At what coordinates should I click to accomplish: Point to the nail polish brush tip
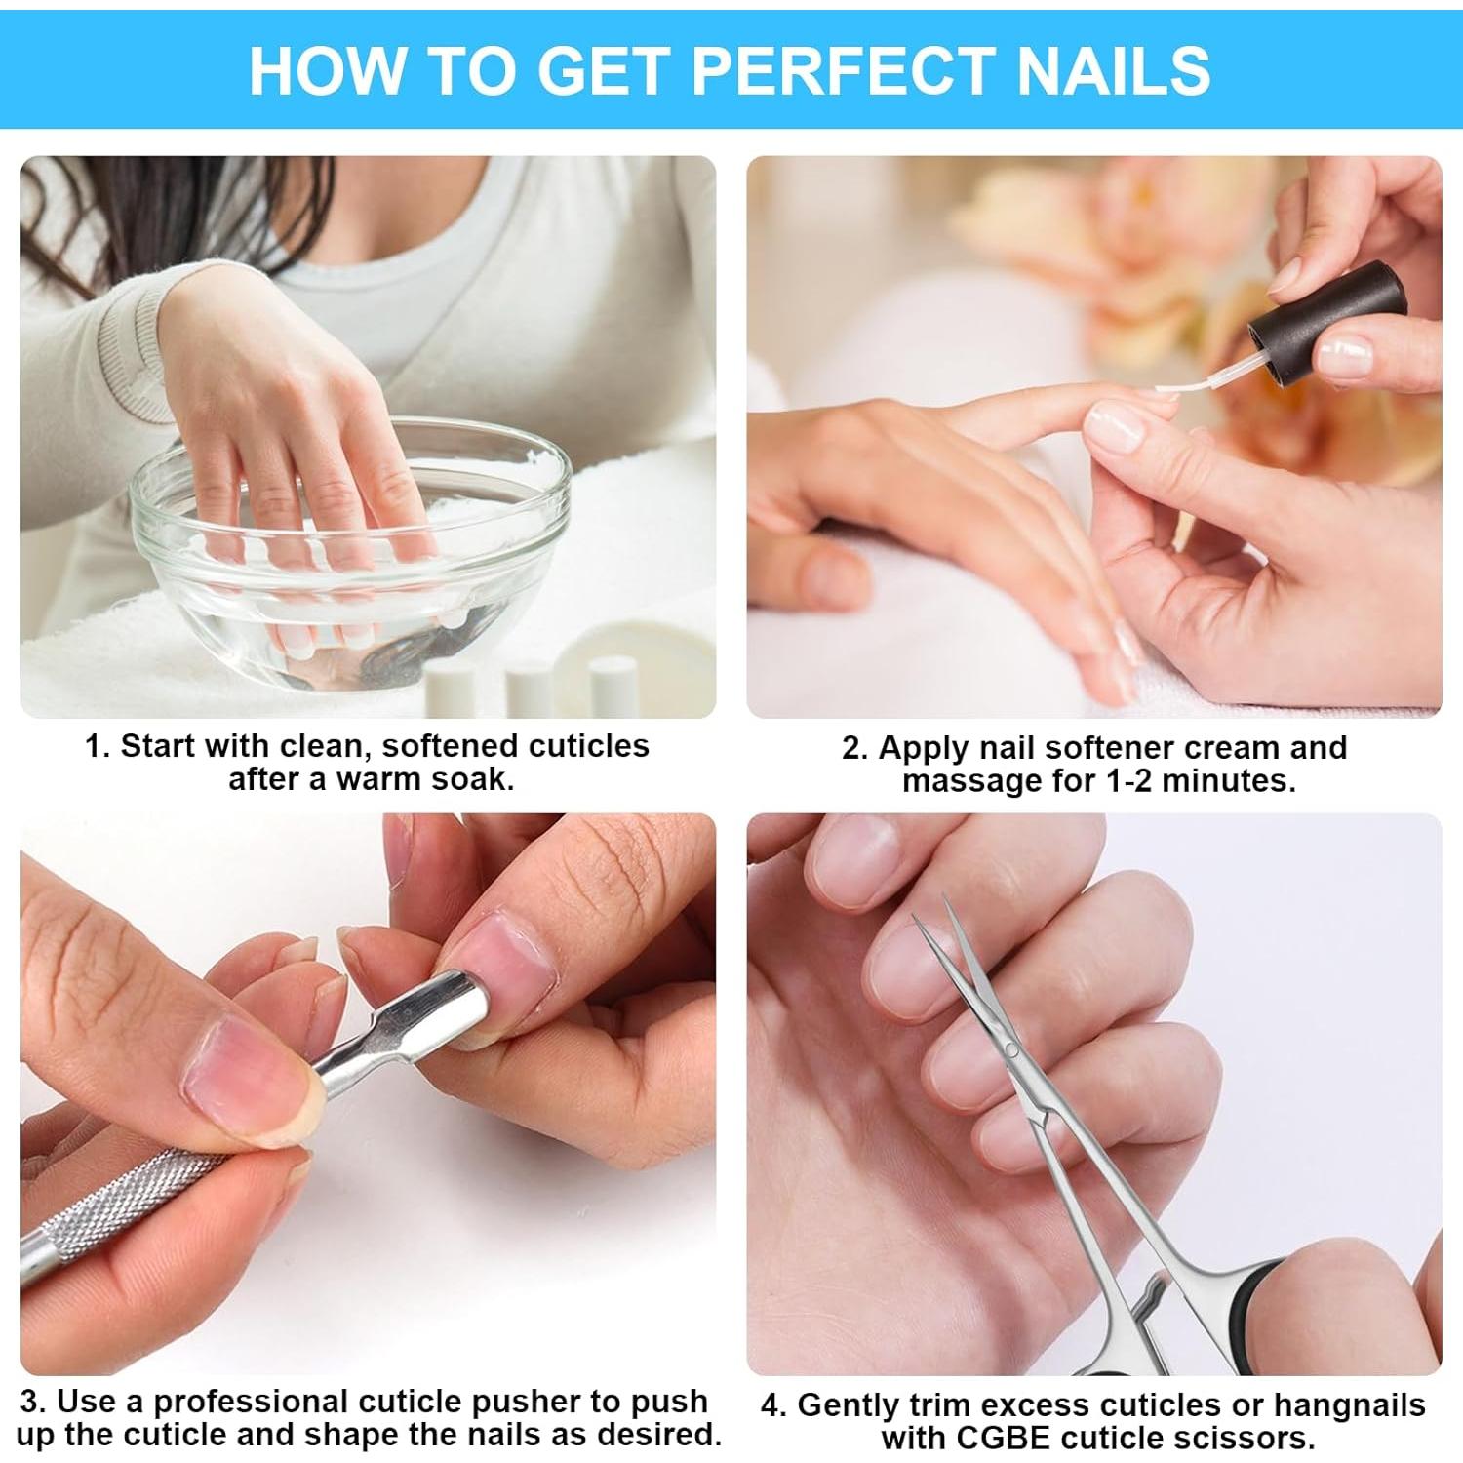(x=1171, y=389)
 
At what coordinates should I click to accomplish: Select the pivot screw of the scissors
(x=1011, y=1050)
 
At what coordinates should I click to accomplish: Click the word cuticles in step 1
(x=586, y=747)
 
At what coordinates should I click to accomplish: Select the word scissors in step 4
(x=1245, y=1438)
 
